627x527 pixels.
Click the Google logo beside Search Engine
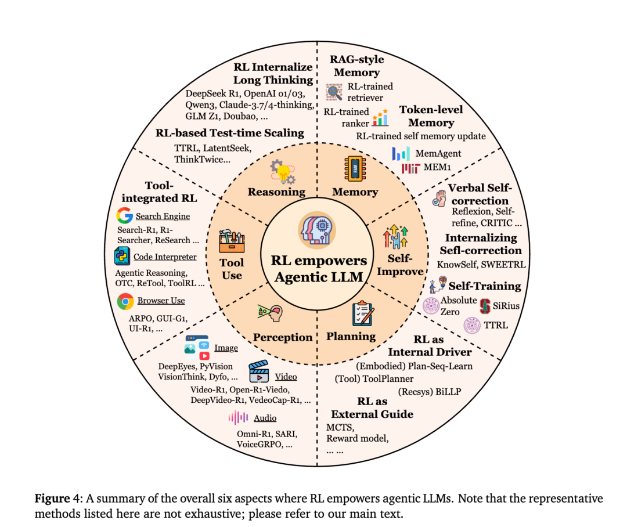click(124, 216)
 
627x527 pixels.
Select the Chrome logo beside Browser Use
click(124, 301)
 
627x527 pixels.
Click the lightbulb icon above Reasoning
click(283, 171)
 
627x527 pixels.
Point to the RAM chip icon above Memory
click(354, 170)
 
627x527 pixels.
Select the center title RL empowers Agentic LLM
click(319, 268)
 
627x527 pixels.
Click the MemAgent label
click(438, 154)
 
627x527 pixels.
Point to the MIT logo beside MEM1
click(410, 168)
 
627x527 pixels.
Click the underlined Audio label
click(265, 418)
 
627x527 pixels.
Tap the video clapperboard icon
click(258, 371)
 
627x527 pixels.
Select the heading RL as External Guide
click(372, 407)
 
